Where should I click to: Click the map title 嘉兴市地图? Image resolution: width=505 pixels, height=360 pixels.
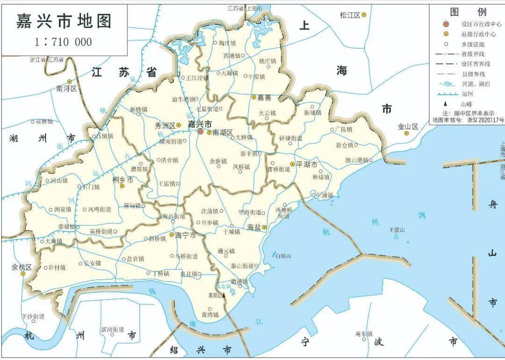(64, 22)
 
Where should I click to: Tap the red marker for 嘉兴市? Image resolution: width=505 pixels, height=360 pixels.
(200, 132)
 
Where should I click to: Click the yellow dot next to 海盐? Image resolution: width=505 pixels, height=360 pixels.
(264, 227)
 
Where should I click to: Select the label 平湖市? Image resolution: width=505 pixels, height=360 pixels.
(307, 165)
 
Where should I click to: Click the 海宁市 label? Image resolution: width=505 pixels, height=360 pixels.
(185, 235)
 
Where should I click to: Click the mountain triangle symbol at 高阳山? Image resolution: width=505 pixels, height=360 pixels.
(224, 295)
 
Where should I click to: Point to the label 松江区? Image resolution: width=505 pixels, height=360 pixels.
(350, 15)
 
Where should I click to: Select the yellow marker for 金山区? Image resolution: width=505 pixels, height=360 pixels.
(406, 133)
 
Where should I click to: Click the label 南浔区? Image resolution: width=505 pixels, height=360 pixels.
(66, 88)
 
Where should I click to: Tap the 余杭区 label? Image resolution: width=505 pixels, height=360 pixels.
(22, 267)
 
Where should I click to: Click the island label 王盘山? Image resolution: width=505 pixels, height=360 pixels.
(397, 230)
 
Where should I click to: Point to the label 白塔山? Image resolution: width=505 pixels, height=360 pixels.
(283, 256)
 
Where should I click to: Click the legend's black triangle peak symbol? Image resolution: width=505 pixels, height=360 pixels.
(446, 104)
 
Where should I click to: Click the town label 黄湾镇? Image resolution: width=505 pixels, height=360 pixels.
(210, 315)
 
